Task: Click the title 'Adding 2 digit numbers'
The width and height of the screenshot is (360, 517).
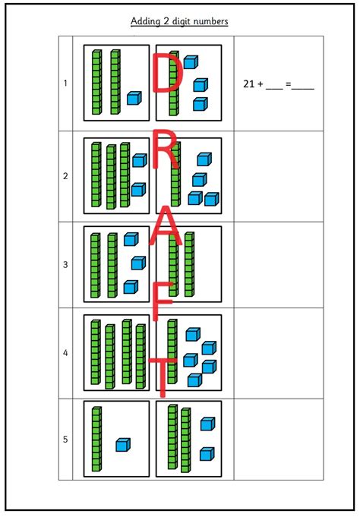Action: (x=180, y=21)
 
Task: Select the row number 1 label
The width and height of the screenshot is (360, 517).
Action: (x=65, y=83)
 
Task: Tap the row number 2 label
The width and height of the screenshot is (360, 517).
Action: (x=65, y=176)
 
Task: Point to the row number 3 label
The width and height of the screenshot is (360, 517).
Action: (x=65, y=265)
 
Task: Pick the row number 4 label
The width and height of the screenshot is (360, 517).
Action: (x=65, y=353)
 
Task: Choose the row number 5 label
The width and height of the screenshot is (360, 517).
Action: (x=65, y=440)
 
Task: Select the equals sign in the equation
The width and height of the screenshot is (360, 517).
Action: (x=289, y=84)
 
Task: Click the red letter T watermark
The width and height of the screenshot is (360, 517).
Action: (x=161, y=375)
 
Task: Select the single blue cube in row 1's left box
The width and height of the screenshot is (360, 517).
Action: (x=134, y=99)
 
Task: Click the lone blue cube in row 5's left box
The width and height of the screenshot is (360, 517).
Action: (x=123, y=445)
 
